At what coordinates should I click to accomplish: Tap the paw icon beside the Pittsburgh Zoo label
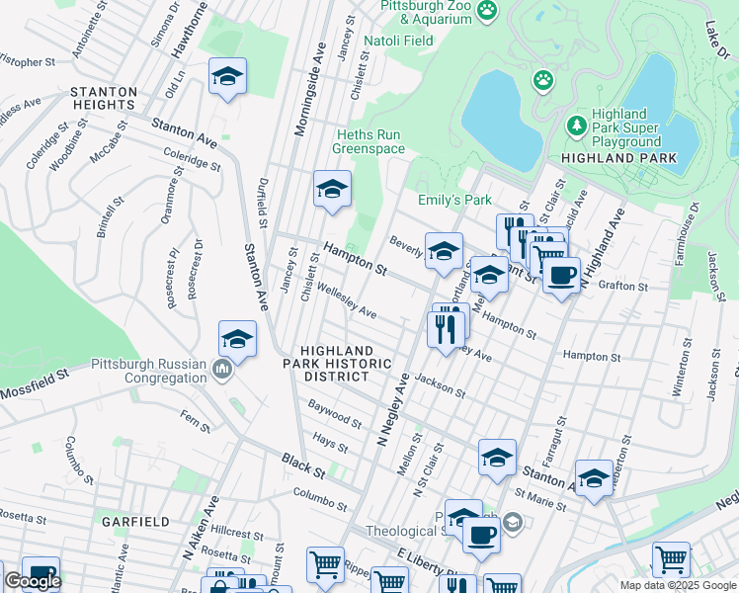(486, 11)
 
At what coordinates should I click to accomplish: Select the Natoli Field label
(398, 41)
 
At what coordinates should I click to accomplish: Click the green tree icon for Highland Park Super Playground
(577, 127)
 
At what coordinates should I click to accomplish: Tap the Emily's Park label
(454, 200)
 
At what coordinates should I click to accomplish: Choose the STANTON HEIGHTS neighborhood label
(103, 98)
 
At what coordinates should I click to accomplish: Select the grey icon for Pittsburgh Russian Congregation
(222, 370)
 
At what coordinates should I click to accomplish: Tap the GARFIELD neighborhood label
(134, 520)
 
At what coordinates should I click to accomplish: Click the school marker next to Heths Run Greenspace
(333, 188)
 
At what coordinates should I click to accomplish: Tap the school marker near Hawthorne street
(228, 76)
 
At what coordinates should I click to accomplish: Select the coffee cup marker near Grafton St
(561, 274)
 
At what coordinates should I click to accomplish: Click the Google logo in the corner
(33, 580)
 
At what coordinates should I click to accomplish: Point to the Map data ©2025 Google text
(678, 585)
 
